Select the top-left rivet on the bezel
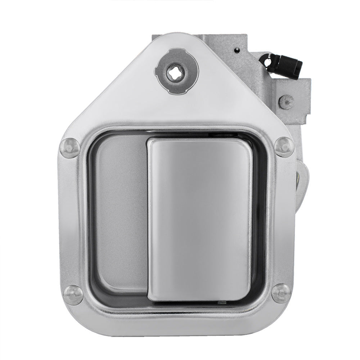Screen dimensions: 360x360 [x=70, y=148]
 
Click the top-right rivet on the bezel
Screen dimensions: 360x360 [x=284, y=147]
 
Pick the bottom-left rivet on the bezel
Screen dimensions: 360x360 [x=73, y=295]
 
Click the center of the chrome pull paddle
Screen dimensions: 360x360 [x=200, y=220]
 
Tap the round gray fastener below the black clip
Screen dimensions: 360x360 [x=286, y=102]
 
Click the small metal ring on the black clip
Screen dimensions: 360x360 [x=267, y=62]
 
